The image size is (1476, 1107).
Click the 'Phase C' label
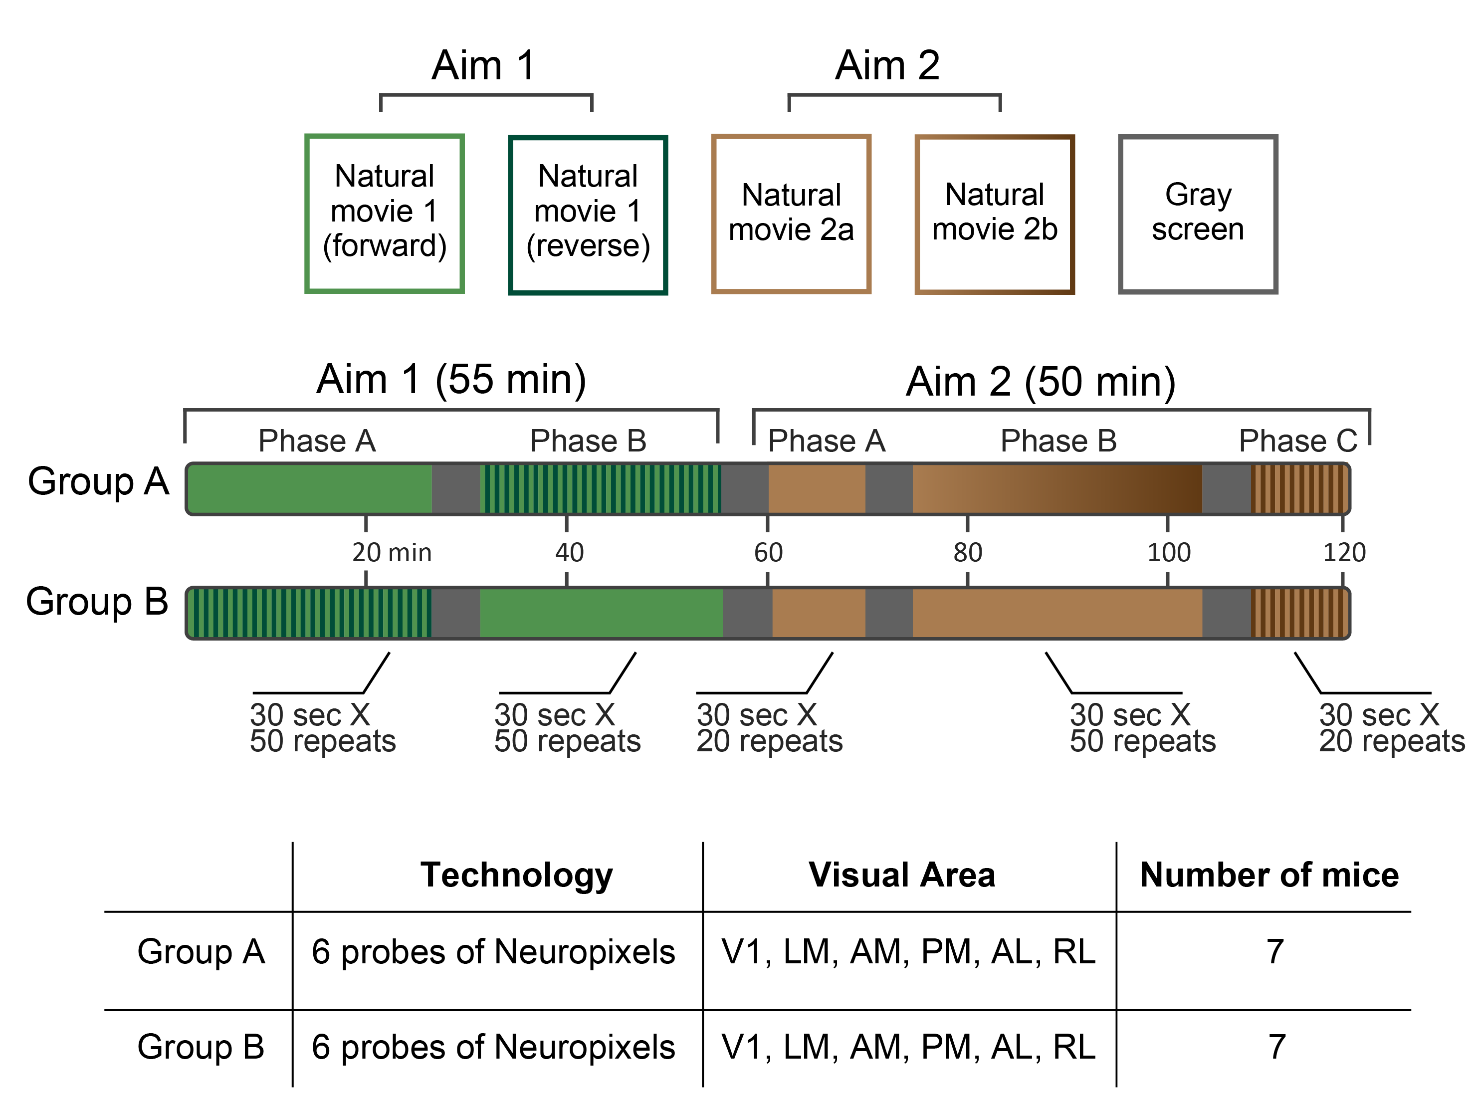point(1298,441)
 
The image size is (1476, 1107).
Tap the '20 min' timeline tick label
point(392,552)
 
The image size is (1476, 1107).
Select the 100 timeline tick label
point(1168,552)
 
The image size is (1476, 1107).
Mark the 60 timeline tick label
point(768,552)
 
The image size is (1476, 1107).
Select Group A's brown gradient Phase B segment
point(1057,489)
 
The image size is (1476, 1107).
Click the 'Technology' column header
point(516,875)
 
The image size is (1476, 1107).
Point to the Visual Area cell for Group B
point(908,1046)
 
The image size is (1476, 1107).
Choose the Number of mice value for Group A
point(1275,951)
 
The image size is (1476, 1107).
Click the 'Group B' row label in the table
point(201,1046)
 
